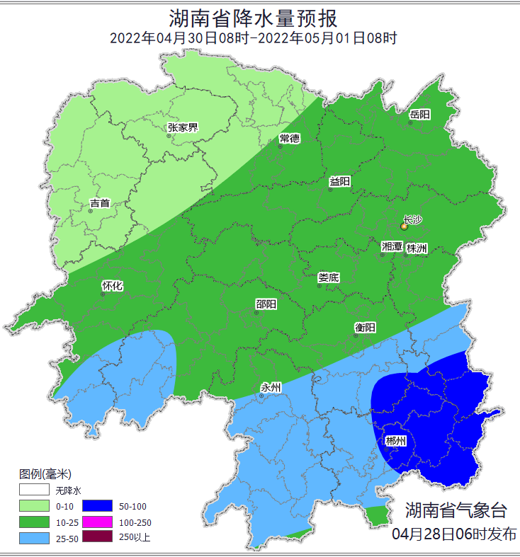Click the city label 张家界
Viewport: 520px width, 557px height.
point(182,128)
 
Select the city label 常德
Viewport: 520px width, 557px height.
point(290,138)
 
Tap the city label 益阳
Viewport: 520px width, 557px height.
point(340,182)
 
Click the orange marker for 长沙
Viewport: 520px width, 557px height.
point(405,226)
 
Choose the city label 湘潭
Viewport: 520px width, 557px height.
point(392,247)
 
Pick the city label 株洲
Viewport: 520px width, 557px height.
point(417,248)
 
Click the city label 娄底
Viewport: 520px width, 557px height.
point(328,277)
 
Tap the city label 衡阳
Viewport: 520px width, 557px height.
point(365,328)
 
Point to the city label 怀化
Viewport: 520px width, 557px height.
point(113,287)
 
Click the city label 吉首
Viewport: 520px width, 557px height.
point(100,204)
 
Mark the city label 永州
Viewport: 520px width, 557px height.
point(271,388)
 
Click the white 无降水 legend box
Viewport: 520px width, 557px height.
point(33,490)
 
